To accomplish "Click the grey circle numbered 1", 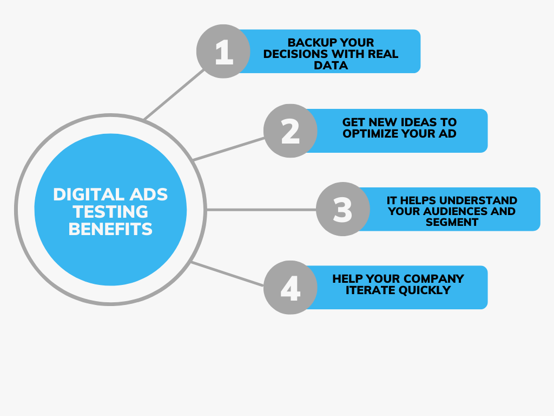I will click(x=223, y=51).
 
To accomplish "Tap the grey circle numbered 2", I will click(x=291, y=131).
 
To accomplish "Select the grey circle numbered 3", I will click(x=342, y=210).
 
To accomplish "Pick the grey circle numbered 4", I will click(x=291, y=288).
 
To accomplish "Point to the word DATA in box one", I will click(x=331, y=66).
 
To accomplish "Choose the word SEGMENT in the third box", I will click(x=452, y=222).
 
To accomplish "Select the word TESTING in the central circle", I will click(x=110, y=211).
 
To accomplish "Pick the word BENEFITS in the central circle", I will click(x=110, y=229).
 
